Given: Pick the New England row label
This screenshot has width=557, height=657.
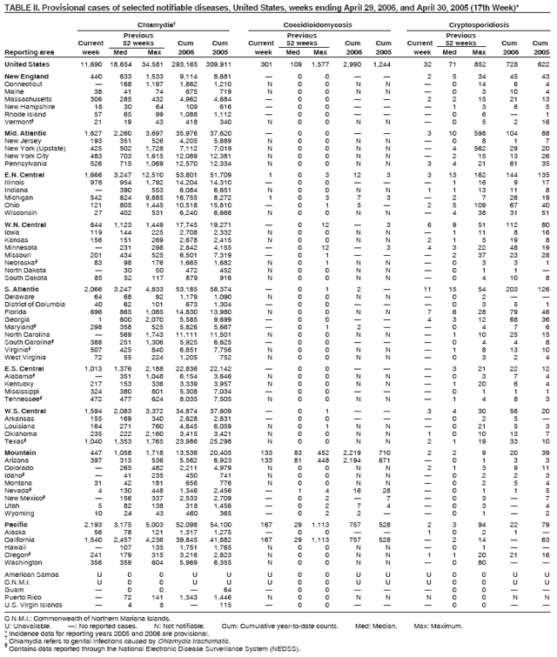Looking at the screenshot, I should click(x=25, y=77).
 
